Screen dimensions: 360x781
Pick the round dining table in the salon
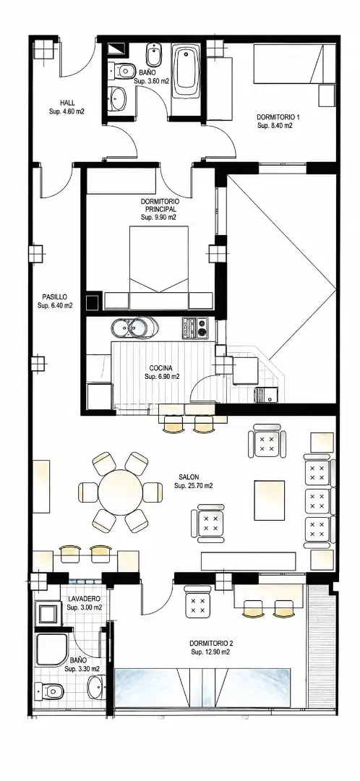(121, 492)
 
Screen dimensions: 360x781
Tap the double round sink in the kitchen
(134, 328)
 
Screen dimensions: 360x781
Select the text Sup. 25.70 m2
(194, 486)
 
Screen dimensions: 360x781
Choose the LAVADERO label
(84, 598)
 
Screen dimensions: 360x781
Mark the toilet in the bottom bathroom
(50, 691)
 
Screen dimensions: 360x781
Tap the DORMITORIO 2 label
(210, 643)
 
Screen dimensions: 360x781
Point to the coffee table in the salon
(270, 500)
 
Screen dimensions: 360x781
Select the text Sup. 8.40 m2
(275, 126)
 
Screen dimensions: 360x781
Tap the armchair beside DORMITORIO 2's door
(198, 601)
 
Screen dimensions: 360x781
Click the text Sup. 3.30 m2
(82, 668)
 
